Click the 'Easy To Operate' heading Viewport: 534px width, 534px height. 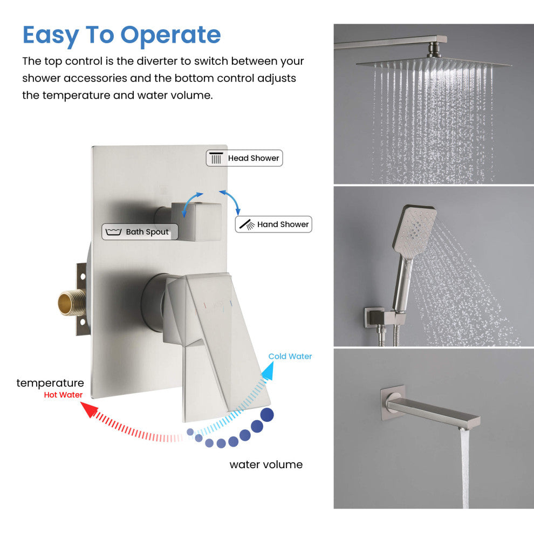coord(121,35)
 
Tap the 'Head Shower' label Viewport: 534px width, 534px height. coord(244,158)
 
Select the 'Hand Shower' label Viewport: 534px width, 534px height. coord(273,224)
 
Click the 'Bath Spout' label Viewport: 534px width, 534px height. coord(135,232)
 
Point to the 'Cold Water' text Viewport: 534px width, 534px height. coord(290,356)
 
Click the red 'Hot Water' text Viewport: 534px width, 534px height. coord(63,395)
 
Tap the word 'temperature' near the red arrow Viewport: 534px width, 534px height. coord(50,383)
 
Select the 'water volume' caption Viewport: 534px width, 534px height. coord(266,464)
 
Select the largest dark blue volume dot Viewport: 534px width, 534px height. coord(266,414)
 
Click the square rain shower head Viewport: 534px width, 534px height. coord(433,63)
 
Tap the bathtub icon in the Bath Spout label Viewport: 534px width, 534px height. coord(113,232)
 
